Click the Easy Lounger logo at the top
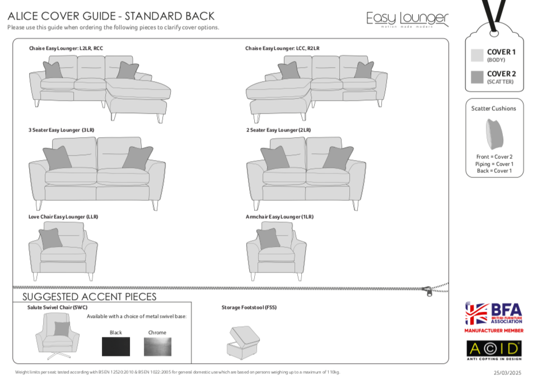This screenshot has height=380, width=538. click(x=408, y=19)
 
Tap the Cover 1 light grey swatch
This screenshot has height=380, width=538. click(x=477, y=55)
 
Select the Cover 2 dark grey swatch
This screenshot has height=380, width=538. click(x=477, y=77)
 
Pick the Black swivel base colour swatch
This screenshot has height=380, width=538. click(x=116, y=346)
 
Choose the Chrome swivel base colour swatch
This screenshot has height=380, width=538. click(x=157, y=346)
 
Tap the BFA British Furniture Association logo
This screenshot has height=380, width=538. click(x=493, y=314)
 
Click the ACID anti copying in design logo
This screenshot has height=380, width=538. click(x=493, y=349)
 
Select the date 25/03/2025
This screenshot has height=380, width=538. click(x=507, y=373)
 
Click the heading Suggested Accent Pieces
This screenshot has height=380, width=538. click(x=90, y=297)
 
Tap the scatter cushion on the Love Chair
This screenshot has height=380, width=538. click(x=51, y=238)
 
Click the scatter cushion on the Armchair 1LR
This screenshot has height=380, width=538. click(x=268, y=238)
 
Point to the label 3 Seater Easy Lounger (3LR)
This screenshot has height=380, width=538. click(x=62, y=130)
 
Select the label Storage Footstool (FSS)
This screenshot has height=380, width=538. click(x=249, y=307)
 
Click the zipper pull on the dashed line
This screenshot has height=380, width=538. click(x=428, y=290)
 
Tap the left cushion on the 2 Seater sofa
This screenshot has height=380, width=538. click(x=275, y=158)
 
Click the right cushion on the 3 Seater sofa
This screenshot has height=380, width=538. click(x=138, y=158)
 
